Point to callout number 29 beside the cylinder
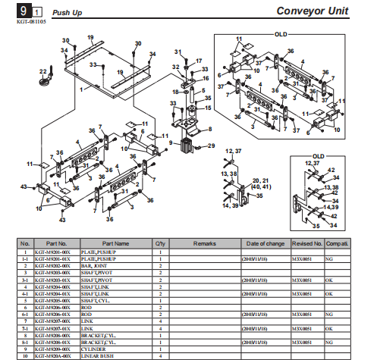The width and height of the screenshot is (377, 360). point(212,145)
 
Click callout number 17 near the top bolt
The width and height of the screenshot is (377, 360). point(199,60)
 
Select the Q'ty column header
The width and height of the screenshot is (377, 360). point(160,243)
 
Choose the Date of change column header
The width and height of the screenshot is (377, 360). point(265,243)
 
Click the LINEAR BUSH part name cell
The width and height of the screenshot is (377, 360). point(98,355)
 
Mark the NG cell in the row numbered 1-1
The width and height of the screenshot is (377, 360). point(328,259)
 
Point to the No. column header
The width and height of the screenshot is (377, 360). point(24,243)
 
